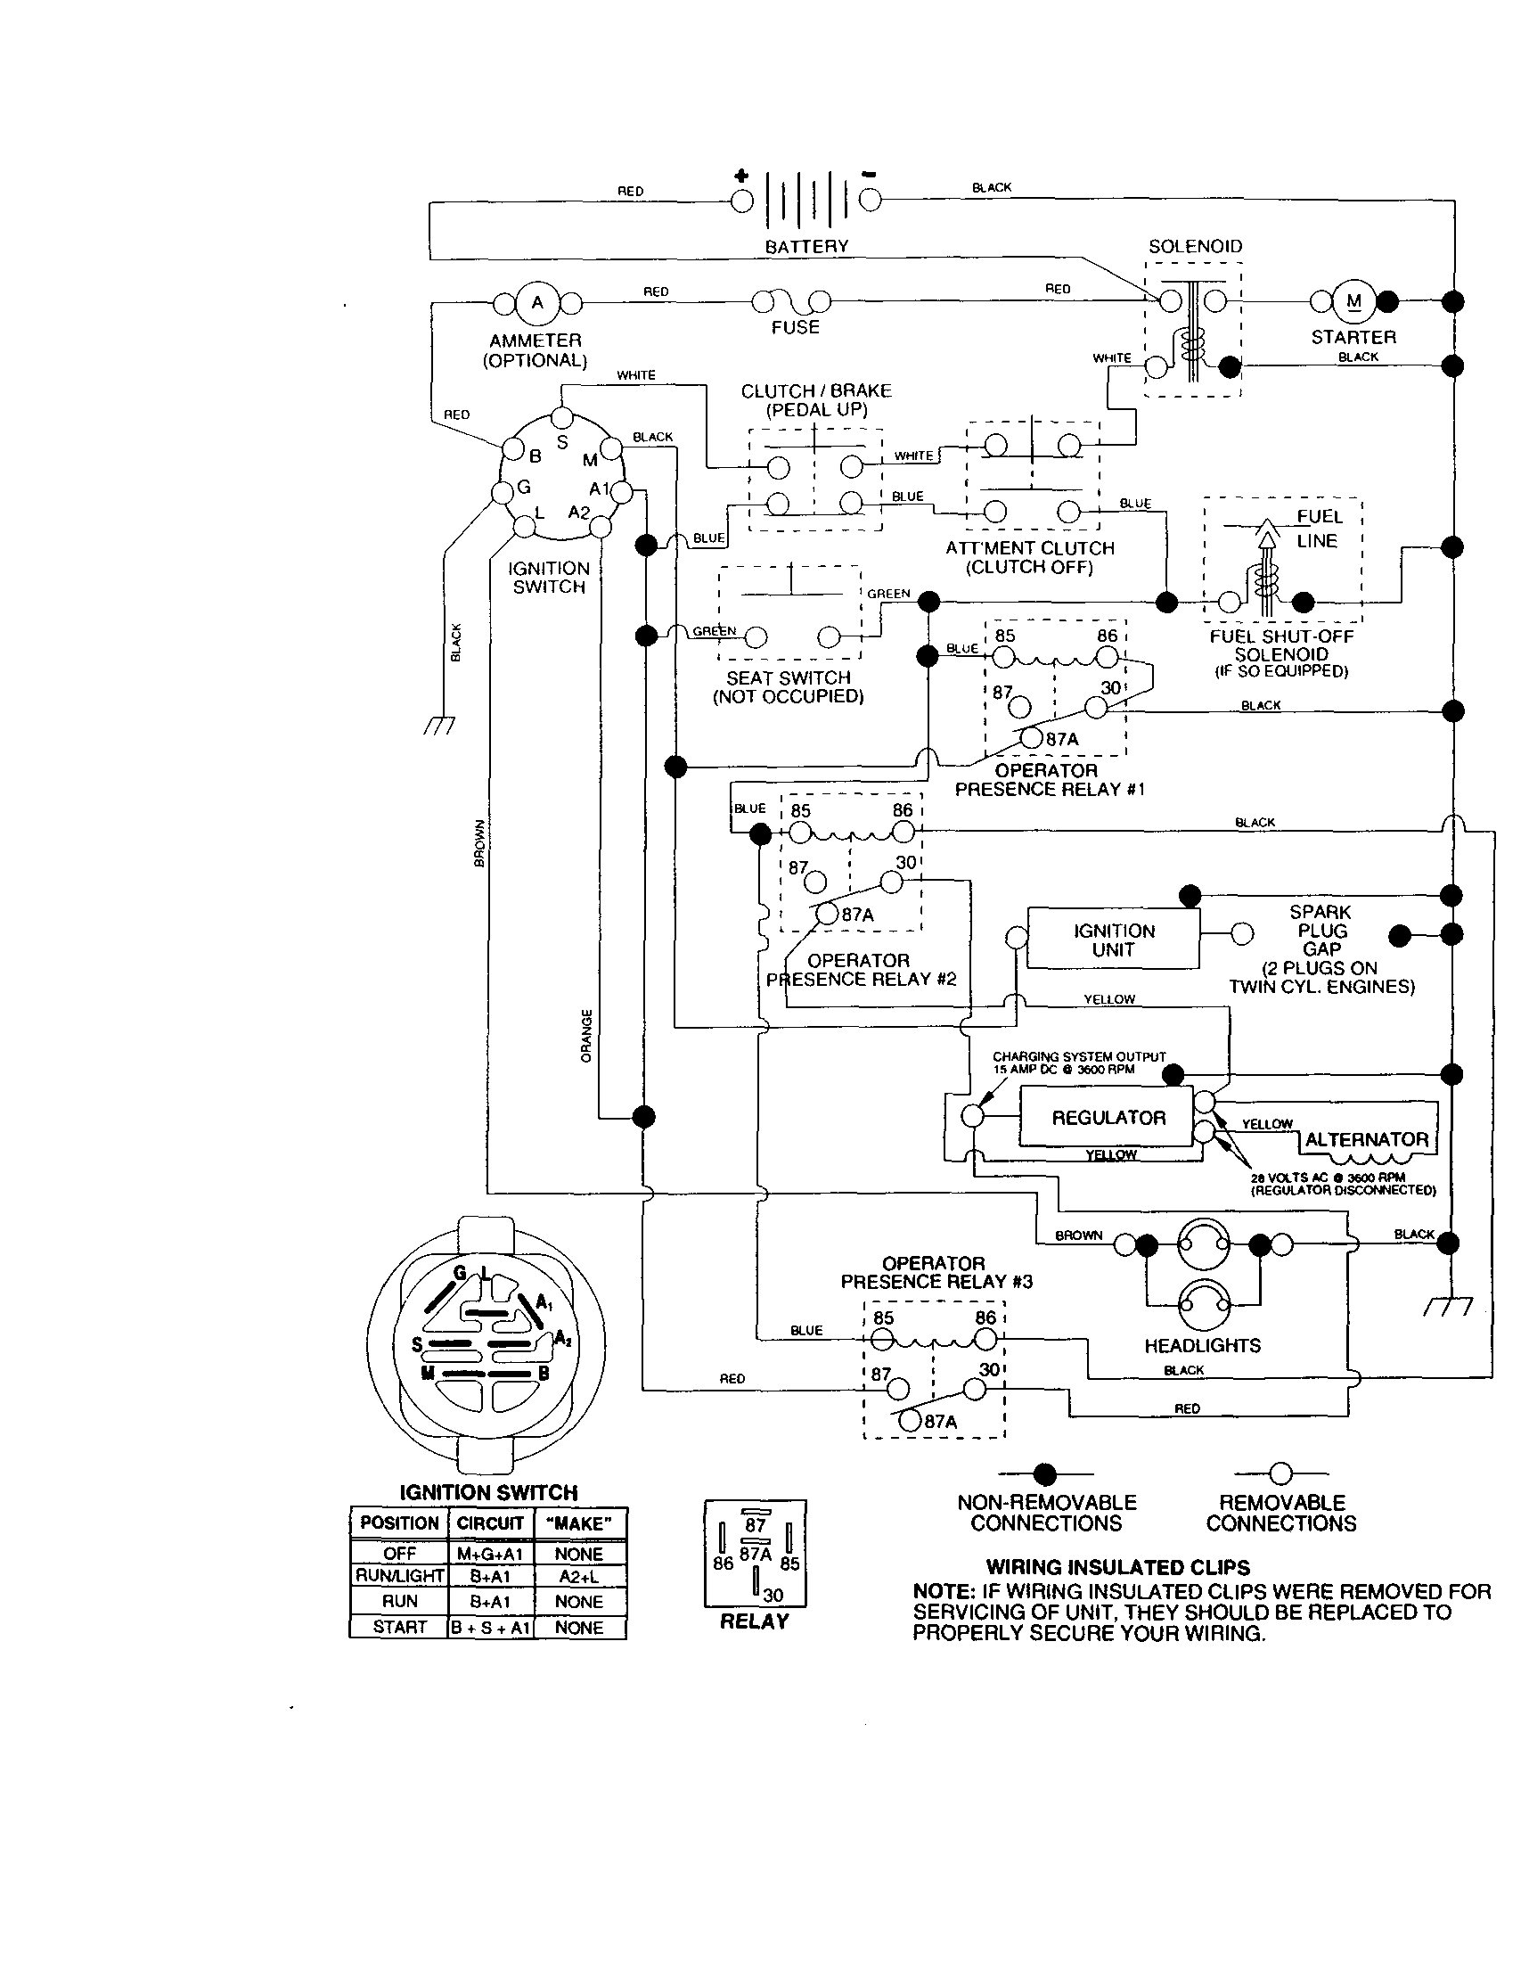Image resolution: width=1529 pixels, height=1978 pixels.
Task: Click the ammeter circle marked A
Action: point(537,303)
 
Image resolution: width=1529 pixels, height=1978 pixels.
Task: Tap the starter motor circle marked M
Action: point(1353,301)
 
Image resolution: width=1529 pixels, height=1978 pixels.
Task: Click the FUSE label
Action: point(795,327)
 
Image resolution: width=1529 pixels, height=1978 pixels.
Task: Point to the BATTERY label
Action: point(806,246)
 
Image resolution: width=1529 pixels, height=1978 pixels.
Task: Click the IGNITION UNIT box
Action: point(1114,940)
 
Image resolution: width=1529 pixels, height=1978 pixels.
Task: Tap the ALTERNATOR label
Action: point(1366,1139)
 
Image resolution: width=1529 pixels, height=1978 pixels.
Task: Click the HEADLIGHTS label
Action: point(1202,1346)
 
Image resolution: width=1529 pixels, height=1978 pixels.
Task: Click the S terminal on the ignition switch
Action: point(562,418)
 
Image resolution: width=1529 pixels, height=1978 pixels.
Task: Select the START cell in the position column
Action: point(399,1627)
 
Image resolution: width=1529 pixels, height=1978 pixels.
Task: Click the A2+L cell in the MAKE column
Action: point(579,1576)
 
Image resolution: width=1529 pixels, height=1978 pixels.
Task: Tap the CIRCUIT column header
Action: point(490,1523)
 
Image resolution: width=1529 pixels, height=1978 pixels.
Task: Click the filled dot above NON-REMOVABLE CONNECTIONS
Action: point(1044,1473)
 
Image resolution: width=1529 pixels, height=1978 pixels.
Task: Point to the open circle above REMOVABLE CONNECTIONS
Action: point(1280,1473)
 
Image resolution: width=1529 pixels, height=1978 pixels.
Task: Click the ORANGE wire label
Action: point(586,1035)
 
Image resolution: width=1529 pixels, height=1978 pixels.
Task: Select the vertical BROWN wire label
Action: point(479,842)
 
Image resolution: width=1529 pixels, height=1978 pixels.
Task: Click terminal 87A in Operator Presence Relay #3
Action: point(910,1420)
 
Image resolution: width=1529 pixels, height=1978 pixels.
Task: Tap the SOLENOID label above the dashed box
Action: point(1195,246)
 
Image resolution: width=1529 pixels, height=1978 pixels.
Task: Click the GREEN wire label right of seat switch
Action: point(888,595)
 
